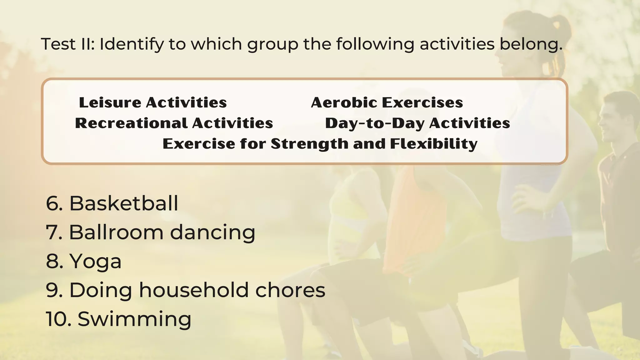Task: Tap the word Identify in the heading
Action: pos(131,44)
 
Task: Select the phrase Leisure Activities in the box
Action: pos(153,102)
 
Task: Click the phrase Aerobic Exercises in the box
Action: pos(387,102)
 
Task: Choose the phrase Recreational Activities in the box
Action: pos(174,123)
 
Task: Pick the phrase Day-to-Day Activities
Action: pos(417,123)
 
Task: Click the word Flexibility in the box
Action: pos(434,144)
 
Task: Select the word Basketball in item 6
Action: pos(123,203)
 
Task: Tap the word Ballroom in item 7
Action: pos(116,232)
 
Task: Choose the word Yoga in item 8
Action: pos(95,262)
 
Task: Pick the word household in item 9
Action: pos(194,290)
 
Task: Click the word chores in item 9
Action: pos(290,290)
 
